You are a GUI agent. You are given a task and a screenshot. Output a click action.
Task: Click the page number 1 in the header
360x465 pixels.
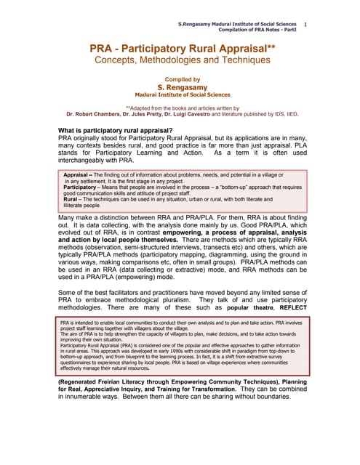click(x=305, y=25)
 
